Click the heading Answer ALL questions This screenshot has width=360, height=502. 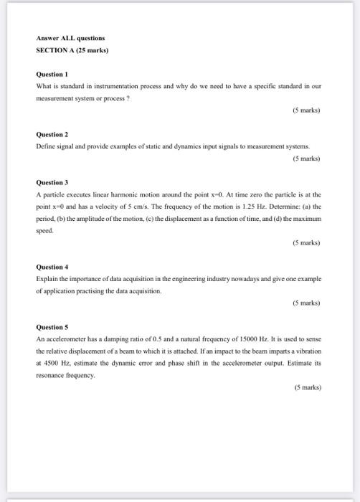click(70, 37)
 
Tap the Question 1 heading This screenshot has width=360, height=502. click(52, 74)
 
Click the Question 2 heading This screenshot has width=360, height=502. click(52, 134)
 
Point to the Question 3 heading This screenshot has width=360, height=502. click(52, 183)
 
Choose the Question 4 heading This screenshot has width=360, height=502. click(52, 267)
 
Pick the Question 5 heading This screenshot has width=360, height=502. click(52, 327)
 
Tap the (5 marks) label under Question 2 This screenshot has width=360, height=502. click(306, 158)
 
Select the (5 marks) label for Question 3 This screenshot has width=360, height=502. click(306, 243)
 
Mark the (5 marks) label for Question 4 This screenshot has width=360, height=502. click(306, 303)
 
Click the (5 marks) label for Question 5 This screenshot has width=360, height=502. click(306, 388)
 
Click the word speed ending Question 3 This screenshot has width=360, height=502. click(44, 231)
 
